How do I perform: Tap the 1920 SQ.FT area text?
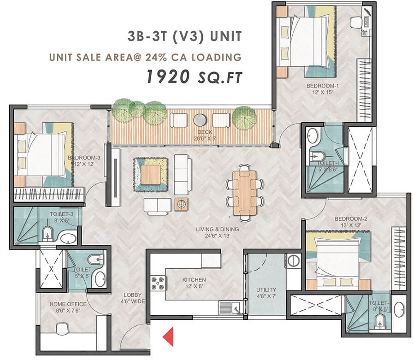194,77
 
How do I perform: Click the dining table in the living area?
244,192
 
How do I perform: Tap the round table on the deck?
201,120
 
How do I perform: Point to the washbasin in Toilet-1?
312,136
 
